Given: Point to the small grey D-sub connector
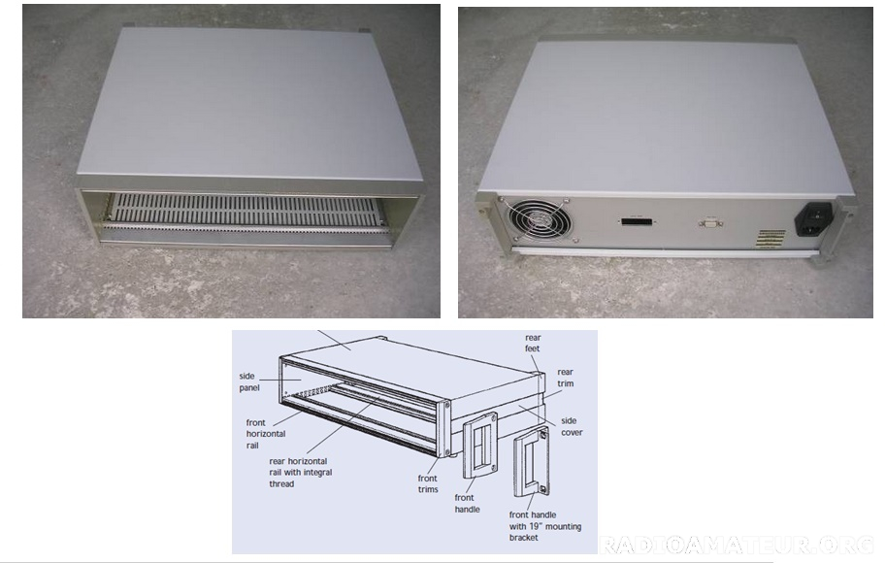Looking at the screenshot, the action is click(710, 223).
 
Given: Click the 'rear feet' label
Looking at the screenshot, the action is click(532, 344).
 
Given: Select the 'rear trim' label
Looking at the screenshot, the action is click(565, 378).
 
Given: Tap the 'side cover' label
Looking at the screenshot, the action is click(572, 426).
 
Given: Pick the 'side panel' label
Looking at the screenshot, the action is click(248, 381).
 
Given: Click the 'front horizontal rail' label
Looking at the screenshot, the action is click(265, 434).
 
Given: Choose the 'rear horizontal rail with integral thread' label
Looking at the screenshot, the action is click(300, 472).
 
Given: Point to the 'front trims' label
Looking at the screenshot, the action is click(428, 484).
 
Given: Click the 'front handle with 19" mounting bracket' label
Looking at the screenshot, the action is click(544, 526).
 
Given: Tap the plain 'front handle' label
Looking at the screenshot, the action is click(467, 503).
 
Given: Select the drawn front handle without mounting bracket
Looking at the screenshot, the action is click(480, 446).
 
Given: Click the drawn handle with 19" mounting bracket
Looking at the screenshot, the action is click(531, 462).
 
